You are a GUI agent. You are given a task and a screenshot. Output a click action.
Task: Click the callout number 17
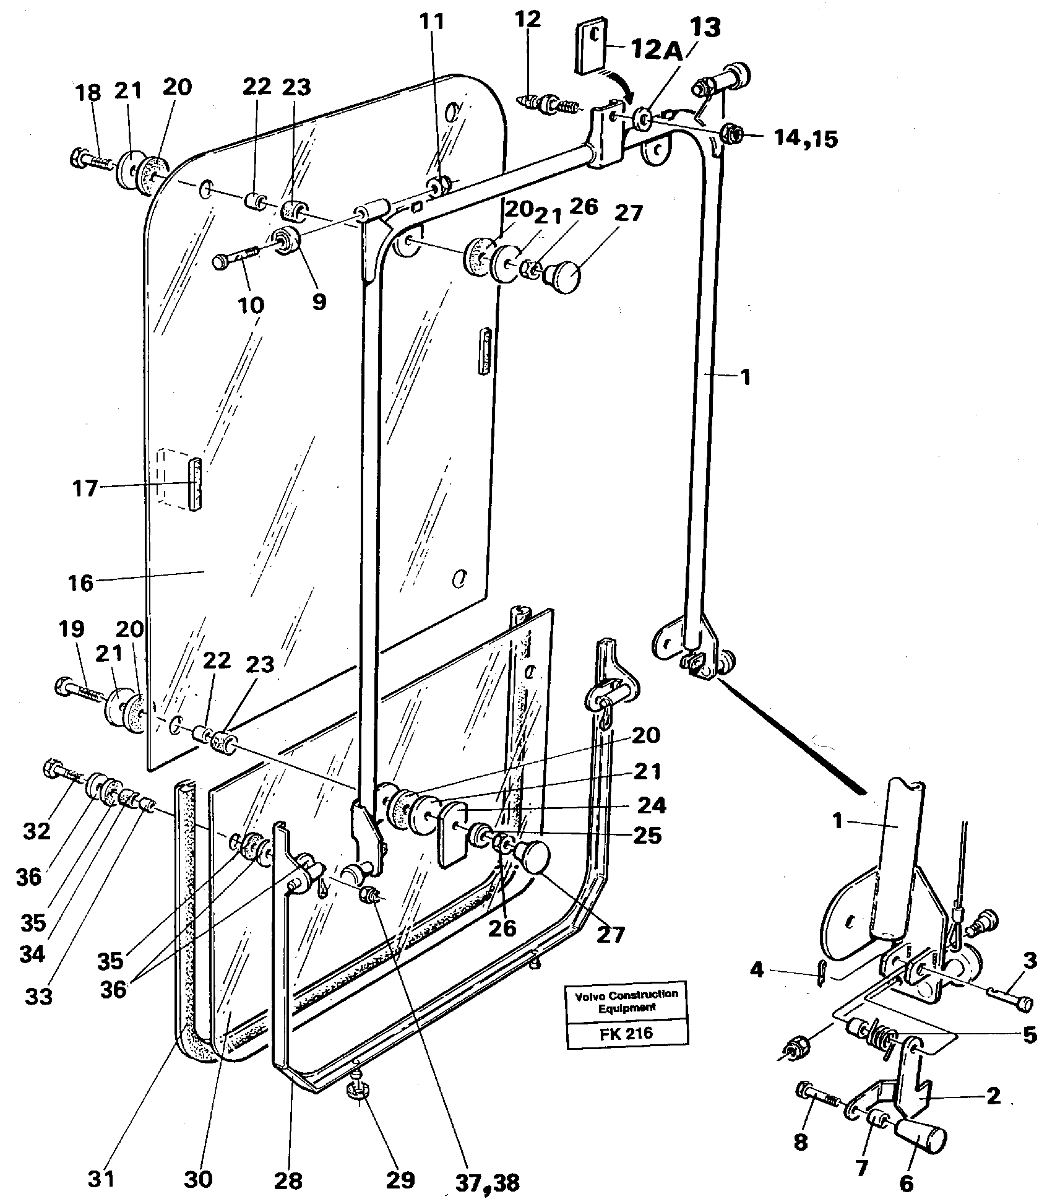(x=85, y=488)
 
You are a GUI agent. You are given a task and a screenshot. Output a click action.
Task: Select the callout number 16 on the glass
(x=80, y=582)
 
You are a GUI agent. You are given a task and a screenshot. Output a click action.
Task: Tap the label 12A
(x=657, y=50)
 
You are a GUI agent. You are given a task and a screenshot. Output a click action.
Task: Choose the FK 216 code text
(x=627, y=1033)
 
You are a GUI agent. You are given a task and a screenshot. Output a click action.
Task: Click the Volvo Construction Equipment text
(x=627, y=1001)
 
